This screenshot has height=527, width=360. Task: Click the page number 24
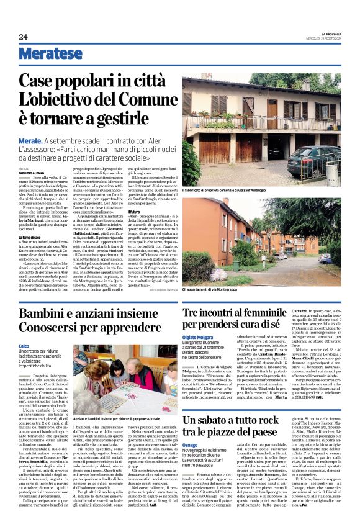pyautogui.click(x=23, y=37)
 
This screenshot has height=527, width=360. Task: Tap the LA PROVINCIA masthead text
pyautogui.click(x=329, y=33)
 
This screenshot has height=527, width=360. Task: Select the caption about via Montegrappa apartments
pyautogui.click(x=222, y=291)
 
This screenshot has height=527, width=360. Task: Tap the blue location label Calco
pyautogui.click(x=24, y=345)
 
